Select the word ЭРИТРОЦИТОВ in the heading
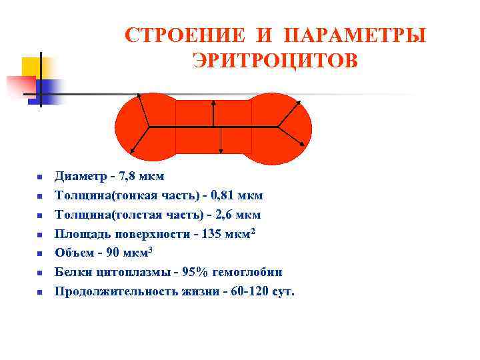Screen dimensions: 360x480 (275, 61)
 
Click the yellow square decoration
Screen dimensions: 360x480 (33, 67)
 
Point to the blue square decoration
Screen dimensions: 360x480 (50, 89)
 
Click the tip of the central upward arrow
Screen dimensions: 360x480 (213, 101)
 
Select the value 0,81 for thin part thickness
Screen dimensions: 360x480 (223, 196)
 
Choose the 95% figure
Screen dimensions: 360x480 (186, 273)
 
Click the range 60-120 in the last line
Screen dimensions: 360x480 (243, 292)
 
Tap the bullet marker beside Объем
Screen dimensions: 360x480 (39, 254)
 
